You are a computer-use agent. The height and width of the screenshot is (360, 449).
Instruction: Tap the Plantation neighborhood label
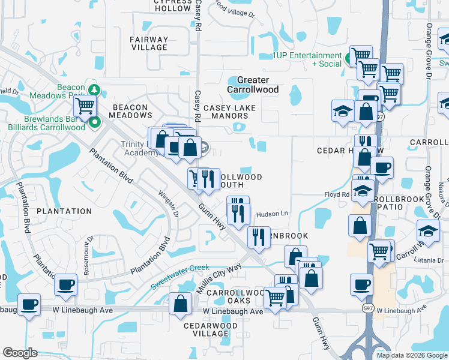(64, 211)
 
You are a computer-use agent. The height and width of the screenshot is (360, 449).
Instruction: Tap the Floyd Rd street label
(336, 194)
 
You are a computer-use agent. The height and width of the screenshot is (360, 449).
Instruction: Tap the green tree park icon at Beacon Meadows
(93, 89)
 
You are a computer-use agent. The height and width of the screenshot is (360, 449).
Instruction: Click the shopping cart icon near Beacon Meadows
(85, 106)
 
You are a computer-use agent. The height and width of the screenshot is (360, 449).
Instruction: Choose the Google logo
(20, 353)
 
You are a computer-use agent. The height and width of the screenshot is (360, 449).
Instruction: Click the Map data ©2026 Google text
(411, 355)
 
